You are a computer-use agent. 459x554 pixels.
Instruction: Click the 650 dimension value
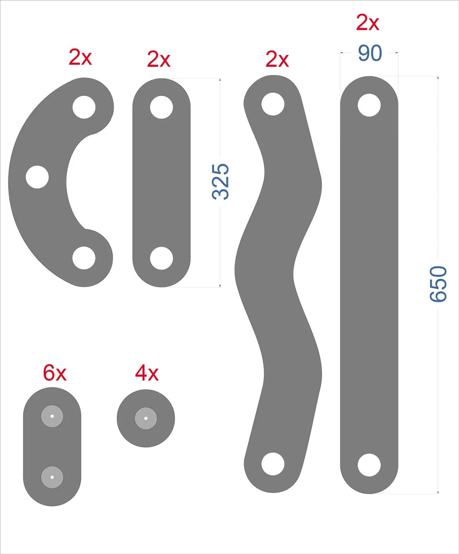[x=438, y=284]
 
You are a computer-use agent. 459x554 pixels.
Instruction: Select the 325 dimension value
[x=220, y=182]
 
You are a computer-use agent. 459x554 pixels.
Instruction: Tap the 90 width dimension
[x=370, y=53]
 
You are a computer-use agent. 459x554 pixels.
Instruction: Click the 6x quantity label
[x=55, y=373]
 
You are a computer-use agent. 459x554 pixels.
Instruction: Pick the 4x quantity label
[x=147, y=373]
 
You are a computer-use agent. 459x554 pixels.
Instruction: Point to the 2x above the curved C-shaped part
[x=80, y=57]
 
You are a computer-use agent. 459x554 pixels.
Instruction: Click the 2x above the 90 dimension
[x=368, y=23]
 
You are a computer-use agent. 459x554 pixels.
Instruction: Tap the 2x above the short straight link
[x=159, y=59]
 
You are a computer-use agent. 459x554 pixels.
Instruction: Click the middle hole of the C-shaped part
[x=37, y=177]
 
